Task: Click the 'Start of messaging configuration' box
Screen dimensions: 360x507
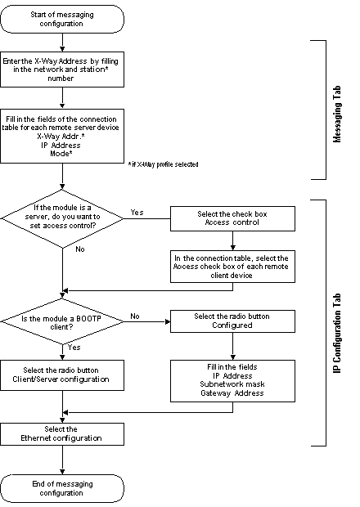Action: click(62, 19)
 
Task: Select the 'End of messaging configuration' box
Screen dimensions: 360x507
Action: click(62, 488)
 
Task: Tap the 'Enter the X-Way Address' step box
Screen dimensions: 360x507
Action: click(62, 70)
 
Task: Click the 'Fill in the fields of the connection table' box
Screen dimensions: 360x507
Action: click(62, 136)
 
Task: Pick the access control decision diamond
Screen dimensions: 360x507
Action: click(62, 218)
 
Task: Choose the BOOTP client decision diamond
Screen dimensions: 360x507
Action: click(62, 321)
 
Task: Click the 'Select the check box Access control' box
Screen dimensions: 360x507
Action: click(232, 218)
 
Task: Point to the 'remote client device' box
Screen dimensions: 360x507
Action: click(232, 267)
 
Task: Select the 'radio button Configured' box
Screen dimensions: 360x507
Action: click(232, 321)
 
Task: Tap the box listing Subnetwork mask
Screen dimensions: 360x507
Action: click(232, 381)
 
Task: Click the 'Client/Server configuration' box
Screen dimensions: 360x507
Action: click(62, 375)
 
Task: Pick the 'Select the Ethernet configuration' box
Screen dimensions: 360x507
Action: click(62, 434)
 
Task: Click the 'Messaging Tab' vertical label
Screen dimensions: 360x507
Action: click(337, 114)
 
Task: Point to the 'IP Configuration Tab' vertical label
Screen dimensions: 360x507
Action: click(337, 334)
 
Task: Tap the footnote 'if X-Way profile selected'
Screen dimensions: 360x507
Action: click(164, 164)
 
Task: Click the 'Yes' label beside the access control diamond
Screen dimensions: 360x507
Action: click(137, 212)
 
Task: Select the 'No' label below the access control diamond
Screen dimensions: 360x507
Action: click(80, 249)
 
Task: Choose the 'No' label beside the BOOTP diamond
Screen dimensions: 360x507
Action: click(135, 316)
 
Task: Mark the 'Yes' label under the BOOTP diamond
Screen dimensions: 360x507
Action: click(74, 348)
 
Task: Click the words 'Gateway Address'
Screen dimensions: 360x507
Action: click(232, 393)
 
